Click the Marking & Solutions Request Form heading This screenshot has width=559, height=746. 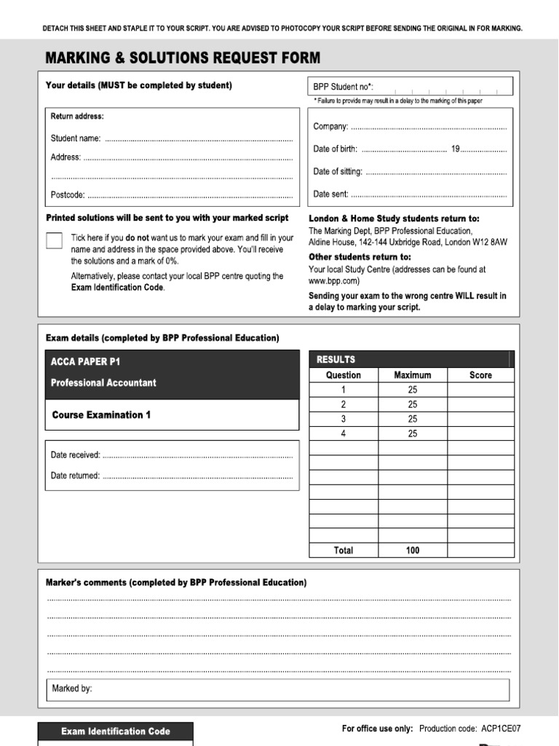(x=183, y=58)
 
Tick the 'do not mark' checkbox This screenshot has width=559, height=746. (x=54, y=241)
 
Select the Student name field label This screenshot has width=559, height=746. (x=76, y=138)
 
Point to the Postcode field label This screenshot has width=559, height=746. (x=68, y=195)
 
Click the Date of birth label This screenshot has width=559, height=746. (x=335, y=149)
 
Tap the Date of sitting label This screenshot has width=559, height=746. (x=338, y=172)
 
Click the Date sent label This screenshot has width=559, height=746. (x=330, y=195)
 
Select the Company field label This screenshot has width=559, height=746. (x=330, y=127)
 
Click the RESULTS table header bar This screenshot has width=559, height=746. (x=411, y=359)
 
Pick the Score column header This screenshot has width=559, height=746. (x=480, y=375)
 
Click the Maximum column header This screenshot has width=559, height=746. (x=412, y=375)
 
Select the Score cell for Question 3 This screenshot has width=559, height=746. (x=480, y=419)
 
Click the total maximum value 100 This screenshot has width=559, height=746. (x=412, y=551)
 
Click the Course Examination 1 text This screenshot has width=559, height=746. (x=101, y=415)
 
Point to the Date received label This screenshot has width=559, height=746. (x=76, y=455)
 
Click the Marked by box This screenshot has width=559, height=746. (x=279, y=689)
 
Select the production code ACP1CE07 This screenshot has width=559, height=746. (x=501, y=728)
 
